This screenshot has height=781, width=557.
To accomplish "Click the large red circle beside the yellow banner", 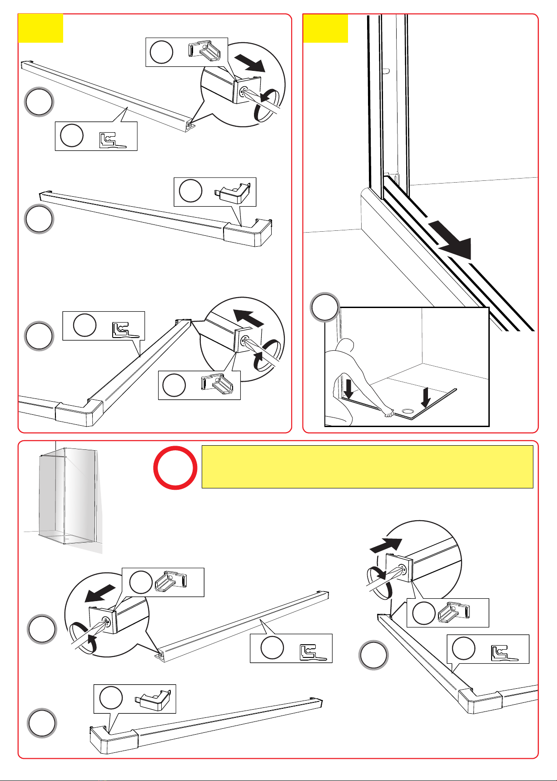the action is (175, 468).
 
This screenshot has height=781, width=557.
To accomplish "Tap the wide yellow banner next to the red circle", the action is (367, 467).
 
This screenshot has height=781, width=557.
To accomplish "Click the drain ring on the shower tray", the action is (408, 412).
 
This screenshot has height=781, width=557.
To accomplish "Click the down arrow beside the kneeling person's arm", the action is (348, 389).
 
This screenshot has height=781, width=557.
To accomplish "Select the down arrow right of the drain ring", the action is (426, 397).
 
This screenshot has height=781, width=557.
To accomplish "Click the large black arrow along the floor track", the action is (452, 240).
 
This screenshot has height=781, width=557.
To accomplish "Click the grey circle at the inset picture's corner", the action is (324, 308).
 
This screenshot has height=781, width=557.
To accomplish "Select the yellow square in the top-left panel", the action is (40, 28).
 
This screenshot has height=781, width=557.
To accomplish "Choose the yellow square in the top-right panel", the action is (325, 28).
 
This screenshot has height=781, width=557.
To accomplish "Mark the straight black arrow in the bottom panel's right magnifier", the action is (387, 545).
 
